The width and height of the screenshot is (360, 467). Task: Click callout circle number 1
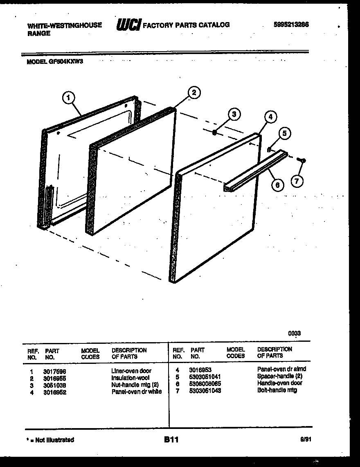(69, 97)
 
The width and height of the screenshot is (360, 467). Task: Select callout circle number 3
(234, 114)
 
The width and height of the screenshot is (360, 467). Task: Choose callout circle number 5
(285, 133)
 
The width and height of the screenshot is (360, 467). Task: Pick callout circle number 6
(278, 185)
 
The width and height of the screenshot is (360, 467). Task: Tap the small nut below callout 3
(215, 132)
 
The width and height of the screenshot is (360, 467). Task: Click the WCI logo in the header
(128, 25)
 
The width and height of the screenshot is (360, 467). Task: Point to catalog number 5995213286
(291, 25)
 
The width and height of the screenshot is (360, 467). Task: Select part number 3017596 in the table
(55, 371)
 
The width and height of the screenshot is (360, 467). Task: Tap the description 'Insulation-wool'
(130, 378)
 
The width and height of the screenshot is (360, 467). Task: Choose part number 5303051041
(205, 376)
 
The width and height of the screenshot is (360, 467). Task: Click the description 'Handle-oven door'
(279, 383)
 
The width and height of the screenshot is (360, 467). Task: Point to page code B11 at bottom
(171, 440)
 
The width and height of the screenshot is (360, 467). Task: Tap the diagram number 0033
(294, 333)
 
